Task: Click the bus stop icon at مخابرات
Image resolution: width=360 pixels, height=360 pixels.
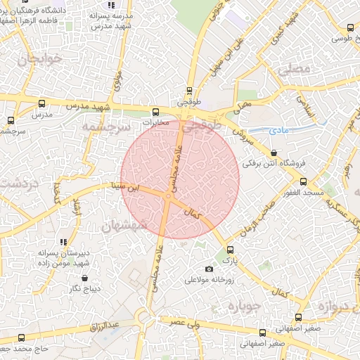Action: point(155,111)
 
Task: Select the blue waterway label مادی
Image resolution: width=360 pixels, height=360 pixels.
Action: point(279,131)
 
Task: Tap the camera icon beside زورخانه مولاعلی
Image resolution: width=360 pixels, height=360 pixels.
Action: point(209,269)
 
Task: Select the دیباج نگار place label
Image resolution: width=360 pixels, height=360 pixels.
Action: point(84,288)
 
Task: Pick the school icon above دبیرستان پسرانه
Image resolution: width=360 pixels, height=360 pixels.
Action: point(64,242)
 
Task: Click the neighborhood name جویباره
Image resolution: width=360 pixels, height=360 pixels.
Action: point(243,307)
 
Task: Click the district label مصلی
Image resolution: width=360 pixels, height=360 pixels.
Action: point(293,70)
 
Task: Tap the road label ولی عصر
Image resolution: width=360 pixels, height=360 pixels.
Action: point(183,323)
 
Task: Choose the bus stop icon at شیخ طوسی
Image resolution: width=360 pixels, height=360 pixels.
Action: point(350,27)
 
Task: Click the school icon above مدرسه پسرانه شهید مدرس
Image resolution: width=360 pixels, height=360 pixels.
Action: point(111,5)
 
